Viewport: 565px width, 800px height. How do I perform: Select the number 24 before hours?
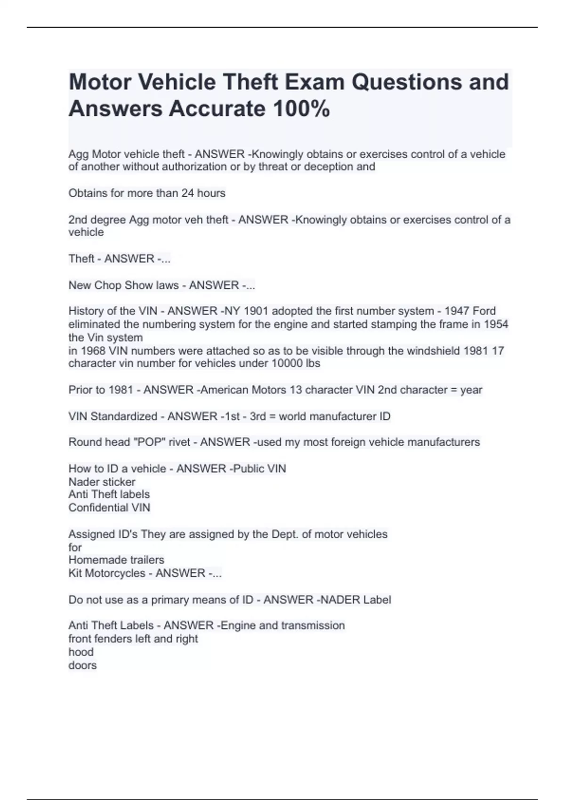click(x=188, y=193)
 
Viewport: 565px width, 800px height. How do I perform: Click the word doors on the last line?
click(x=82, y=665)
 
